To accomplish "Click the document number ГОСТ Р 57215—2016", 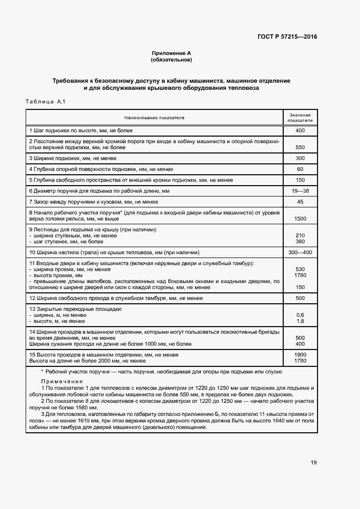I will [x=287, y=37].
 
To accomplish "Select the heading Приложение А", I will [x=172, y=53].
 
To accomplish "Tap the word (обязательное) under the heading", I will [x=172, y=59].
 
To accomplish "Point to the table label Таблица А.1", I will [x=45, y=102].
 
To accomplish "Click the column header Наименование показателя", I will [x=154, y=118].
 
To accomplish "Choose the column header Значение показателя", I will [x=300, y=118].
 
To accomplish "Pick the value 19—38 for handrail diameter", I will [x=300, y=191].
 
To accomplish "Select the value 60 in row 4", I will [x=300, y=169].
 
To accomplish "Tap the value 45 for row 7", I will [x=300, y=202].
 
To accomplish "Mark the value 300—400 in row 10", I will [x=300, y=253].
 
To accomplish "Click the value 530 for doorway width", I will [x=300, y=269].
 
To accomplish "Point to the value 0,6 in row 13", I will [x=300, y=315].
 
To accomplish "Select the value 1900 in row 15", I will [x=300, y=354].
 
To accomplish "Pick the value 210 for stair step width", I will [x=300, y=235].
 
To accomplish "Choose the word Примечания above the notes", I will [x=62, y=382].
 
